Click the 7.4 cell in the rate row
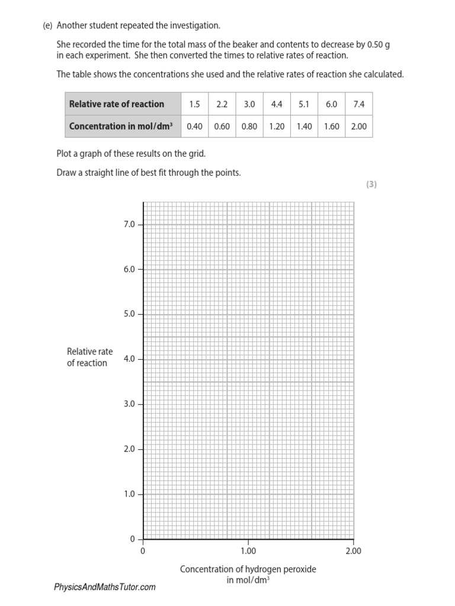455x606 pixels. pos(359,104)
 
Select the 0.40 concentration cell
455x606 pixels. pos(195,127)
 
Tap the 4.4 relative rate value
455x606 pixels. pos(277,104)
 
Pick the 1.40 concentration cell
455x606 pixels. pos(304,127)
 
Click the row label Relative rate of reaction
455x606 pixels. pos(117,104)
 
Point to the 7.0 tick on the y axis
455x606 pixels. pos(129,224)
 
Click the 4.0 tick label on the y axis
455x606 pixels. pos(129,359)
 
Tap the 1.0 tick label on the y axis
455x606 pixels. pos(129,494)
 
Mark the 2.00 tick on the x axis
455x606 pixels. pos(353,551)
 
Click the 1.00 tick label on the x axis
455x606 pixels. pos(248,551)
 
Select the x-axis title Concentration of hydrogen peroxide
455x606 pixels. pos(248,569)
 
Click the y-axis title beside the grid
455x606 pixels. pos(89,357)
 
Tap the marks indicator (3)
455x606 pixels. pos(371,184)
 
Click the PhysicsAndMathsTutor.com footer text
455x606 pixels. pos(105,587)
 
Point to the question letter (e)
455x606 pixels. pos(47,26)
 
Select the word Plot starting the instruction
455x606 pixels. pos(65,154)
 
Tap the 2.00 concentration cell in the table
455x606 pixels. pos(359,127)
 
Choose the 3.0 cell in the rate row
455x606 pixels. pos(249,104)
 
